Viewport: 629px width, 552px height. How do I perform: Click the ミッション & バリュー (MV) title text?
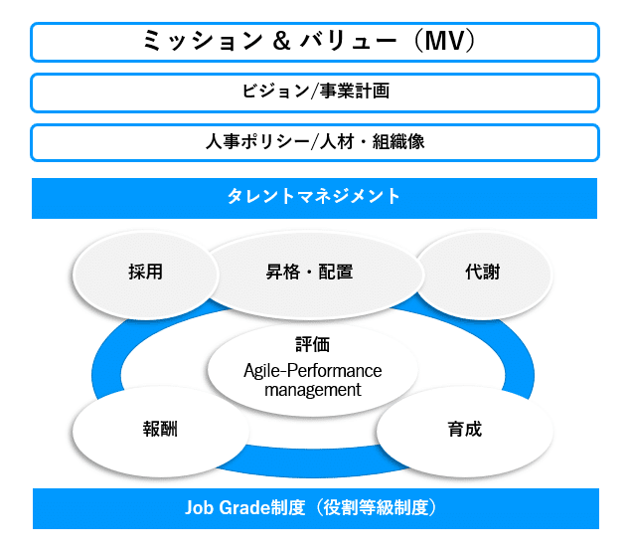pyautogui.click(x=309, y=41)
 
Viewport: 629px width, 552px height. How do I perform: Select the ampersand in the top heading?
pyautogui.click(x=281, y=41)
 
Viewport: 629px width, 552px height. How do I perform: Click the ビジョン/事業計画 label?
pyautogui.click(x=315, y=92)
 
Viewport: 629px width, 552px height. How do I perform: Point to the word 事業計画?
pyautogui.click(x=354, y=92)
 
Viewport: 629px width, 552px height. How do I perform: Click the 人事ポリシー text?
pyautogui.click(x=257, y=141)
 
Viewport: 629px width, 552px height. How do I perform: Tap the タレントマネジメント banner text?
pyautogui.click(x=314, y=196)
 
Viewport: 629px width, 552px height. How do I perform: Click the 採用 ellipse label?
pyautogui.click(x=146, y=272)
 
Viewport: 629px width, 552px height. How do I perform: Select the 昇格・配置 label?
pyautogui.click(x=309, y=272)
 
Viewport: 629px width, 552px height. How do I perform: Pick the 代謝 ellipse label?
pyautogui.click(x=483, y=272)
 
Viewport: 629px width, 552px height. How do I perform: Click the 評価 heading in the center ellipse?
pyautogui.click(x=312, y=344)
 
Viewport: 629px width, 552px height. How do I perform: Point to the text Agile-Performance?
pyautogui.click(x=312, y=371)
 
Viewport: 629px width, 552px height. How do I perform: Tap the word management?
pyautogui.click(x=312, y=390)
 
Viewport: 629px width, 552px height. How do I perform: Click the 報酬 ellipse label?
pyautogui.click(x=160, y=429)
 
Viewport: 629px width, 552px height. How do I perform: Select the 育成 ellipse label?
pyautogui.click(x=464, y=429)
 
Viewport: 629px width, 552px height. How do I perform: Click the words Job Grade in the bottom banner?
pyautogui.click(x=228, y=507)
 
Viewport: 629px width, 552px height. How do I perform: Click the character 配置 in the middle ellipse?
pyautogui.click(x=336, y=272)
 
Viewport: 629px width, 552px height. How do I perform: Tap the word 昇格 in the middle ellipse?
pyautogui.click(x=283, y=272)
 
